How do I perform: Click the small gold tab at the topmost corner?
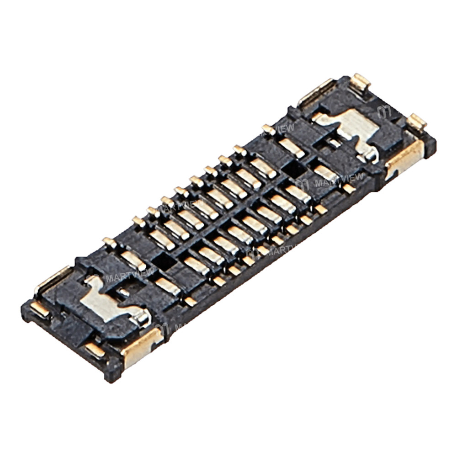click(x=360, y=83)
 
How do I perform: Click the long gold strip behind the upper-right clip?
click(x=315, y=94)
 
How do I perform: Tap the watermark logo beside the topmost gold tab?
click(x=384, y=111)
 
